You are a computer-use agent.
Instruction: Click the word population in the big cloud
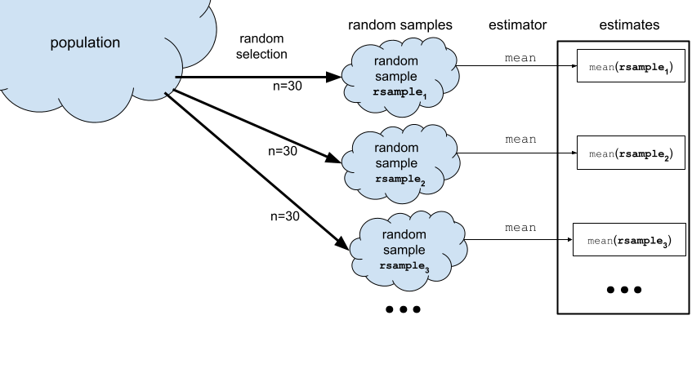(x=85, y=42)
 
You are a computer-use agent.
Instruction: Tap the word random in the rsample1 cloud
(x=396, y=62)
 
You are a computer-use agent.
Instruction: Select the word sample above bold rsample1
(x=396, y=78)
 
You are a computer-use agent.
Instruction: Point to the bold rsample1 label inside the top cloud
(x=400, y=93)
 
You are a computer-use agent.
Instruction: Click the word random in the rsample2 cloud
(x=396, y=148)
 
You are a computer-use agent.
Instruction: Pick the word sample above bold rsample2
(x=396, y=163)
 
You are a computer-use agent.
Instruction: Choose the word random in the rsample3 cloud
(x=404, y=235)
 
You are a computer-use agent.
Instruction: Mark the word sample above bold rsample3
(x=404, y=251)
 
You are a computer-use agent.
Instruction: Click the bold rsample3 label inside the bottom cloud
(x=404, y=266)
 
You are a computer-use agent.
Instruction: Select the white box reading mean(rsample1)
(x=631, y=66)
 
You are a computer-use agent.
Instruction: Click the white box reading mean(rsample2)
(x=631, y=153)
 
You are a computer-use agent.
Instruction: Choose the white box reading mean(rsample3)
(x=628, y=240)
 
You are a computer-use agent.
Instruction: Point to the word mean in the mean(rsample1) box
(x=601, y=66)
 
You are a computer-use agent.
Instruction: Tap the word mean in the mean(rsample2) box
(x=601, y=153)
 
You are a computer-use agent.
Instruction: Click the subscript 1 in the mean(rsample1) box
(x=667, y=71)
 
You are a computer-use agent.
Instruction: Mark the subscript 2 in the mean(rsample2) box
(x=667, y=158)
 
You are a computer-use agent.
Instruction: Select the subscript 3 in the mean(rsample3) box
(x=665, y=245)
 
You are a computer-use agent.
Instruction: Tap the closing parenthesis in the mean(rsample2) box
(x=672, y=153)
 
